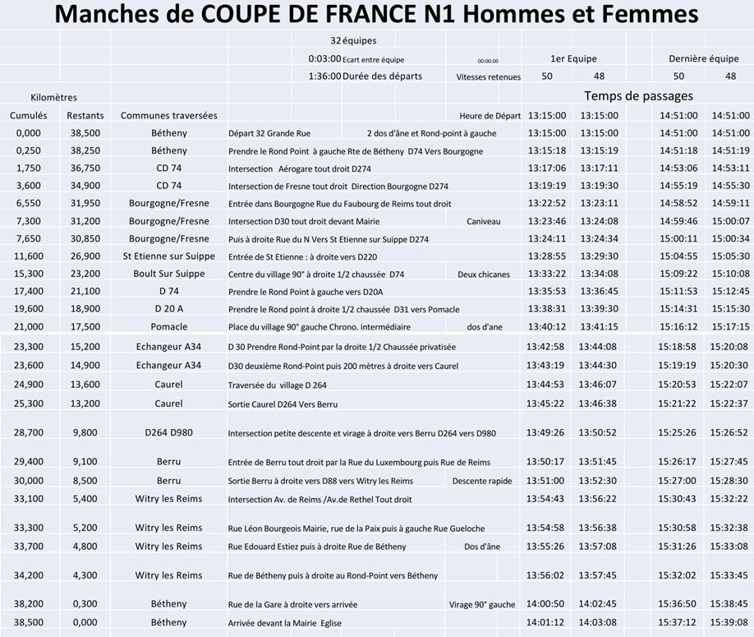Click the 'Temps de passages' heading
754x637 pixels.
(x=638, y=95)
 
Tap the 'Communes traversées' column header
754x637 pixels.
(x=168, y=115)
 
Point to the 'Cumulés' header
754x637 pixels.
(x=29, y=115)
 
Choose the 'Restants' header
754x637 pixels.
(x=85, y=115)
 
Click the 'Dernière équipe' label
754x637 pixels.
(x=704, y=58)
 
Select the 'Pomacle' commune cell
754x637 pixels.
(x=168, y=326)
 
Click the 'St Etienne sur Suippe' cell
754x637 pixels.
(x=168, y=256)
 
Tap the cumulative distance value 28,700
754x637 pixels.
(x=28, y=432)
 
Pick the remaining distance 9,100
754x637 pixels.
(x=85, y=461)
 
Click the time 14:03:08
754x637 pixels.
(x=598, y=622)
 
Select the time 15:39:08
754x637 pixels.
(x=729, y=622)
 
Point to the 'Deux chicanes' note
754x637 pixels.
(x=484, y=275)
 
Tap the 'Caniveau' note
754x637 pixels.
(x=483, y=221)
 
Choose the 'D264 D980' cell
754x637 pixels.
(x=168, y=432)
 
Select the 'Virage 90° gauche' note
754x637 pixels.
(x=482, y=604)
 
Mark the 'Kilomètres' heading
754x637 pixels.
(x=54, y=97)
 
